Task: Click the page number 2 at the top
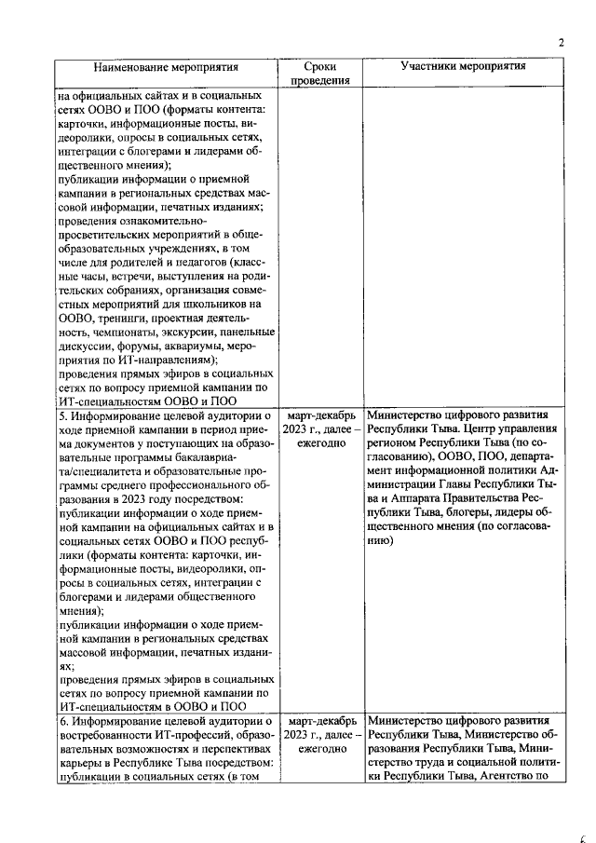pos(561,41)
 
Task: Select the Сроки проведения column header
pos(319,74)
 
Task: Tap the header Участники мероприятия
pos(463,67)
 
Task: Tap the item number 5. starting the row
pos(65,415)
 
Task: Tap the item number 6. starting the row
pos(65,721)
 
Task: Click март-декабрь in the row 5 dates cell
pos(319,415)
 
